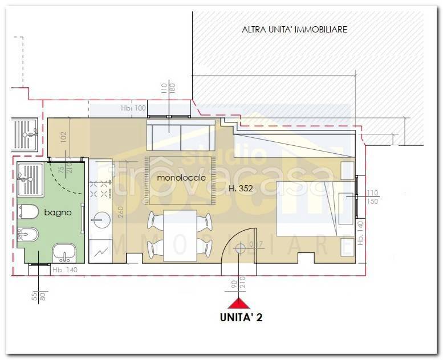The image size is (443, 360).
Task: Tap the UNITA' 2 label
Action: click(241, 318)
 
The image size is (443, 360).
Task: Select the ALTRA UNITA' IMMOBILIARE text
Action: click(294, 29)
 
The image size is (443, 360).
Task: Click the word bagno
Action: click(58, 212)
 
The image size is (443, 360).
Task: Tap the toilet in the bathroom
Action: click(27, 212)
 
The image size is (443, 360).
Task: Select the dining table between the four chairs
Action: click(179, 235)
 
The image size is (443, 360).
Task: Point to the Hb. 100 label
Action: click(133, 108)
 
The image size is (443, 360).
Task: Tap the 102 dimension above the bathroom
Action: click(64, 136)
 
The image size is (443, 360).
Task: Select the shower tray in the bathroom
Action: click(31, 178)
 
